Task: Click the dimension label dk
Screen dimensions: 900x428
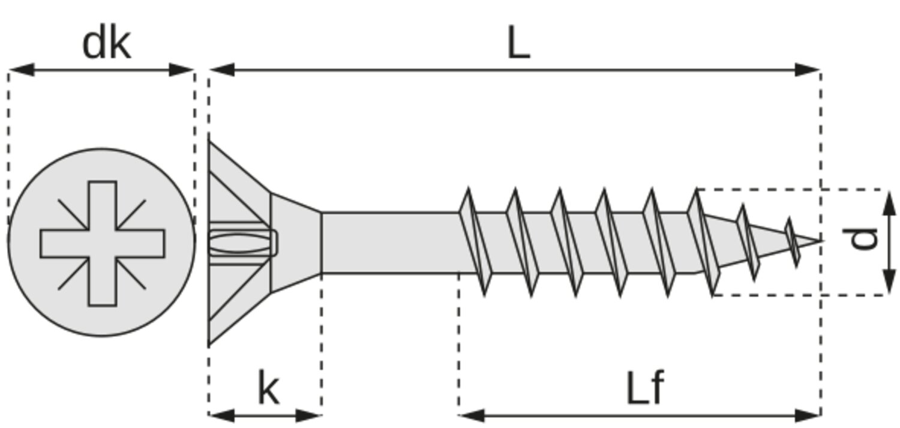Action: (106, 44)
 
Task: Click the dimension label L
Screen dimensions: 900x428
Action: (519, 43)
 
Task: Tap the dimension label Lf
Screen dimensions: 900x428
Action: (645, 388)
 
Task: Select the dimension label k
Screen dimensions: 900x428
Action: (268, 388)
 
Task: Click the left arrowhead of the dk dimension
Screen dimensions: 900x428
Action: (21, 70)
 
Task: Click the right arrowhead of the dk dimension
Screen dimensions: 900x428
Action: (182, 70)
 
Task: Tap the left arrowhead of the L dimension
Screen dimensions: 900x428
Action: (222, 70)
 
